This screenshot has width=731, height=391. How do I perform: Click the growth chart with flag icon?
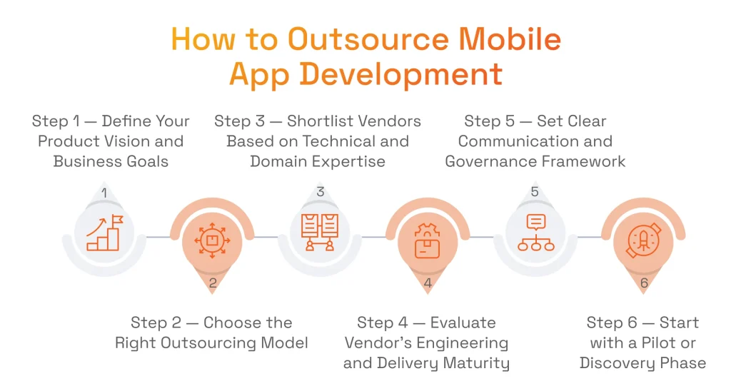(x=104, y=233)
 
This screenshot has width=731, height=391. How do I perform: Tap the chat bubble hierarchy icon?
(x=535, y=233)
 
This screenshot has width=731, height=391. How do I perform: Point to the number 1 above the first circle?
(x=104, y=193)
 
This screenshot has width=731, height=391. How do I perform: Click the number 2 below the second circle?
(x=212, y=283)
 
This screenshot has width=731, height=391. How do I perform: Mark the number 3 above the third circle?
(x=320, y=192)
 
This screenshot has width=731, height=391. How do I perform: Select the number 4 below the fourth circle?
(x=428, y=283)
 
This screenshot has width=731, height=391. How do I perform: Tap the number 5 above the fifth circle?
(x=535, y=192)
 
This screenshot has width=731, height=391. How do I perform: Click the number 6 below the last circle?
(x=643, y=283)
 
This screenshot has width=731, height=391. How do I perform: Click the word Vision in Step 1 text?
(x=151, y=141)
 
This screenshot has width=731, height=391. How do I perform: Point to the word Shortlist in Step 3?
(x=326, y=121)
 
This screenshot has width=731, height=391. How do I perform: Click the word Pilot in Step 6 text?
(x=657, y=343)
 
